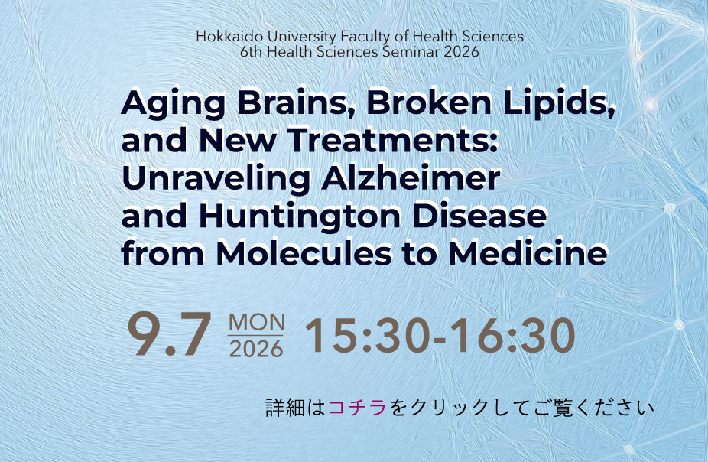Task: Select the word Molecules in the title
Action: tap(304, 253)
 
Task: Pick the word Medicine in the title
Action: tap(528, 253)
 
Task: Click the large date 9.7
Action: tap(169, 334)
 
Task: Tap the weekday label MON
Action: tap(257, 323)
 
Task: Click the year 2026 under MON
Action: tap(256, 349)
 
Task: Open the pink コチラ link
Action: tap(357, 408)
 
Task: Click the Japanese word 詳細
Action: tap(281, 408)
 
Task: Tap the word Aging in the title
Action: tap(174, 104)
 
